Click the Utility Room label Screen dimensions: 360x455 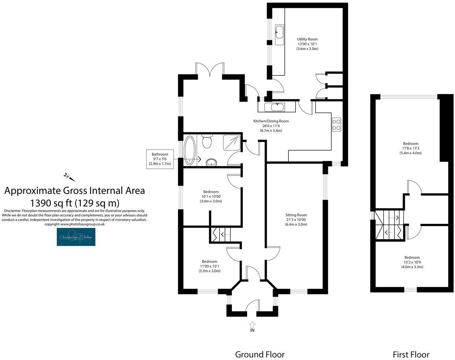coord(307,44)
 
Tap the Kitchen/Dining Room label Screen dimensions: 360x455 coord(271,126)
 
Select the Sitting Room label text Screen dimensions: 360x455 coord(296,219)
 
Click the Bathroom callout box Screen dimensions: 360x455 coord(159,159)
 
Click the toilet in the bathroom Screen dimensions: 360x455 coord(207,141)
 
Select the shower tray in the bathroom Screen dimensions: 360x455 coord(232,142)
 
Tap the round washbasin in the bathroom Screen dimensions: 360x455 coord(211,162)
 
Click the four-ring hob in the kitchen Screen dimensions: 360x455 coord(336,124)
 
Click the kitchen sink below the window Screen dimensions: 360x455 coord(277,107)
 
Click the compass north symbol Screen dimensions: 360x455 coord(68,177)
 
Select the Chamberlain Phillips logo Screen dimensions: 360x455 coord(76,237)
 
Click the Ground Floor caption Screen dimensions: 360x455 coord(259,354)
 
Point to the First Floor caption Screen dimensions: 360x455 coord(411,354)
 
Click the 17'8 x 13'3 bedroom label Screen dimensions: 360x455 coord(410,148)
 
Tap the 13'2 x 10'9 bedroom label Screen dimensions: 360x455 coord(412,262)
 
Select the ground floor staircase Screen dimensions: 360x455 coord(221,235)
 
